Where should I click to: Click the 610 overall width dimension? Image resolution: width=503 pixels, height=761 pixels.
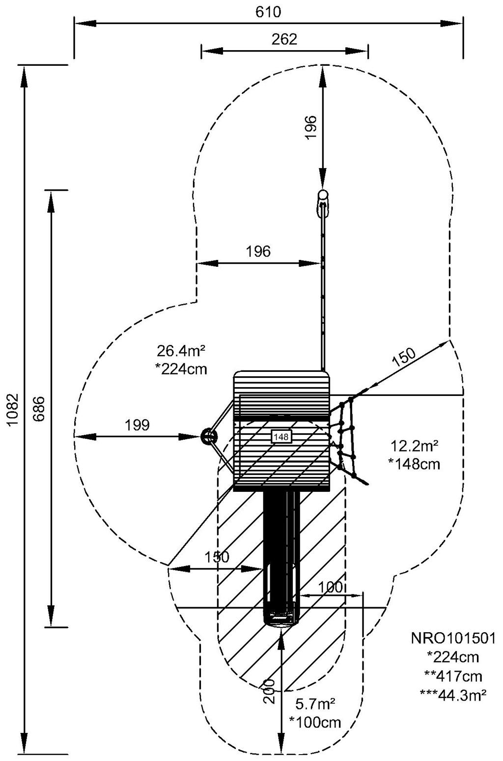point(268,12)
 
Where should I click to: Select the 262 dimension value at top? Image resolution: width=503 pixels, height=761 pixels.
point(284,39)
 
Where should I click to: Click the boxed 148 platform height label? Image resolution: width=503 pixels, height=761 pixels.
point(281,436)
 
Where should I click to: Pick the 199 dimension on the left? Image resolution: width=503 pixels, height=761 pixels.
point(137,425)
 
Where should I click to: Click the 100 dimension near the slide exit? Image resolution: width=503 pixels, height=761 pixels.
point(331,587)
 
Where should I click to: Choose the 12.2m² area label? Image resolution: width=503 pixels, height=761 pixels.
point(414,446)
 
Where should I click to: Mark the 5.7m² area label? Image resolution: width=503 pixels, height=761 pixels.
point(315,705)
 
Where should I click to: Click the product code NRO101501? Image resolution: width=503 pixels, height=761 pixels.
point(453,639)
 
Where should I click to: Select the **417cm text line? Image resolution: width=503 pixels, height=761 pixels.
point(453,676)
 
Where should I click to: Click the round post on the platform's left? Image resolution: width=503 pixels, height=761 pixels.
point(208,436)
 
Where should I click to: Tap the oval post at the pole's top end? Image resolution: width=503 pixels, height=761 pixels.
point(323,196)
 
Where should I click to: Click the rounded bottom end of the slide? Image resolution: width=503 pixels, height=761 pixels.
point(281,620)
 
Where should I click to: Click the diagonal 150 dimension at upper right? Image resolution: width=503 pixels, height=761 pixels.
point(404,358)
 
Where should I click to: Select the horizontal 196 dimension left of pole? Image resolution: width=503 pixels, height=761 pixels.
point(258,252)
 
